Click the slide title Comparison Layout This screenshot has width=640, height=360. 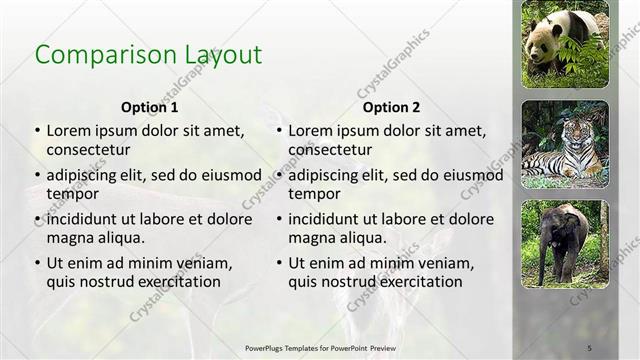point(148,54)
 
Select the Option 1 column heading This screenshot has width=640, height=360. point(150,107)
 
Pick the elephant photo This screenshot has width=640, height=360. point(565,243)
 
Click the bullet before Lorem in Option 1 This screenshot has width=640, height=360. point(38,131)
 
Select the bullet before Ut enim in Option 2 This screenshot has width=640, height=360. point(280,263)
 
